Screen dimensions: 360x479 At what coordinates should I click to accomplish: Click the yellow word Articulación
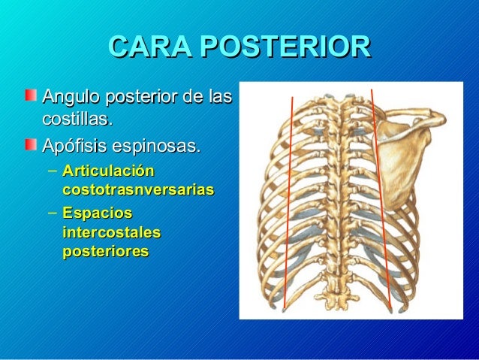click(x=108, y=171)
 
